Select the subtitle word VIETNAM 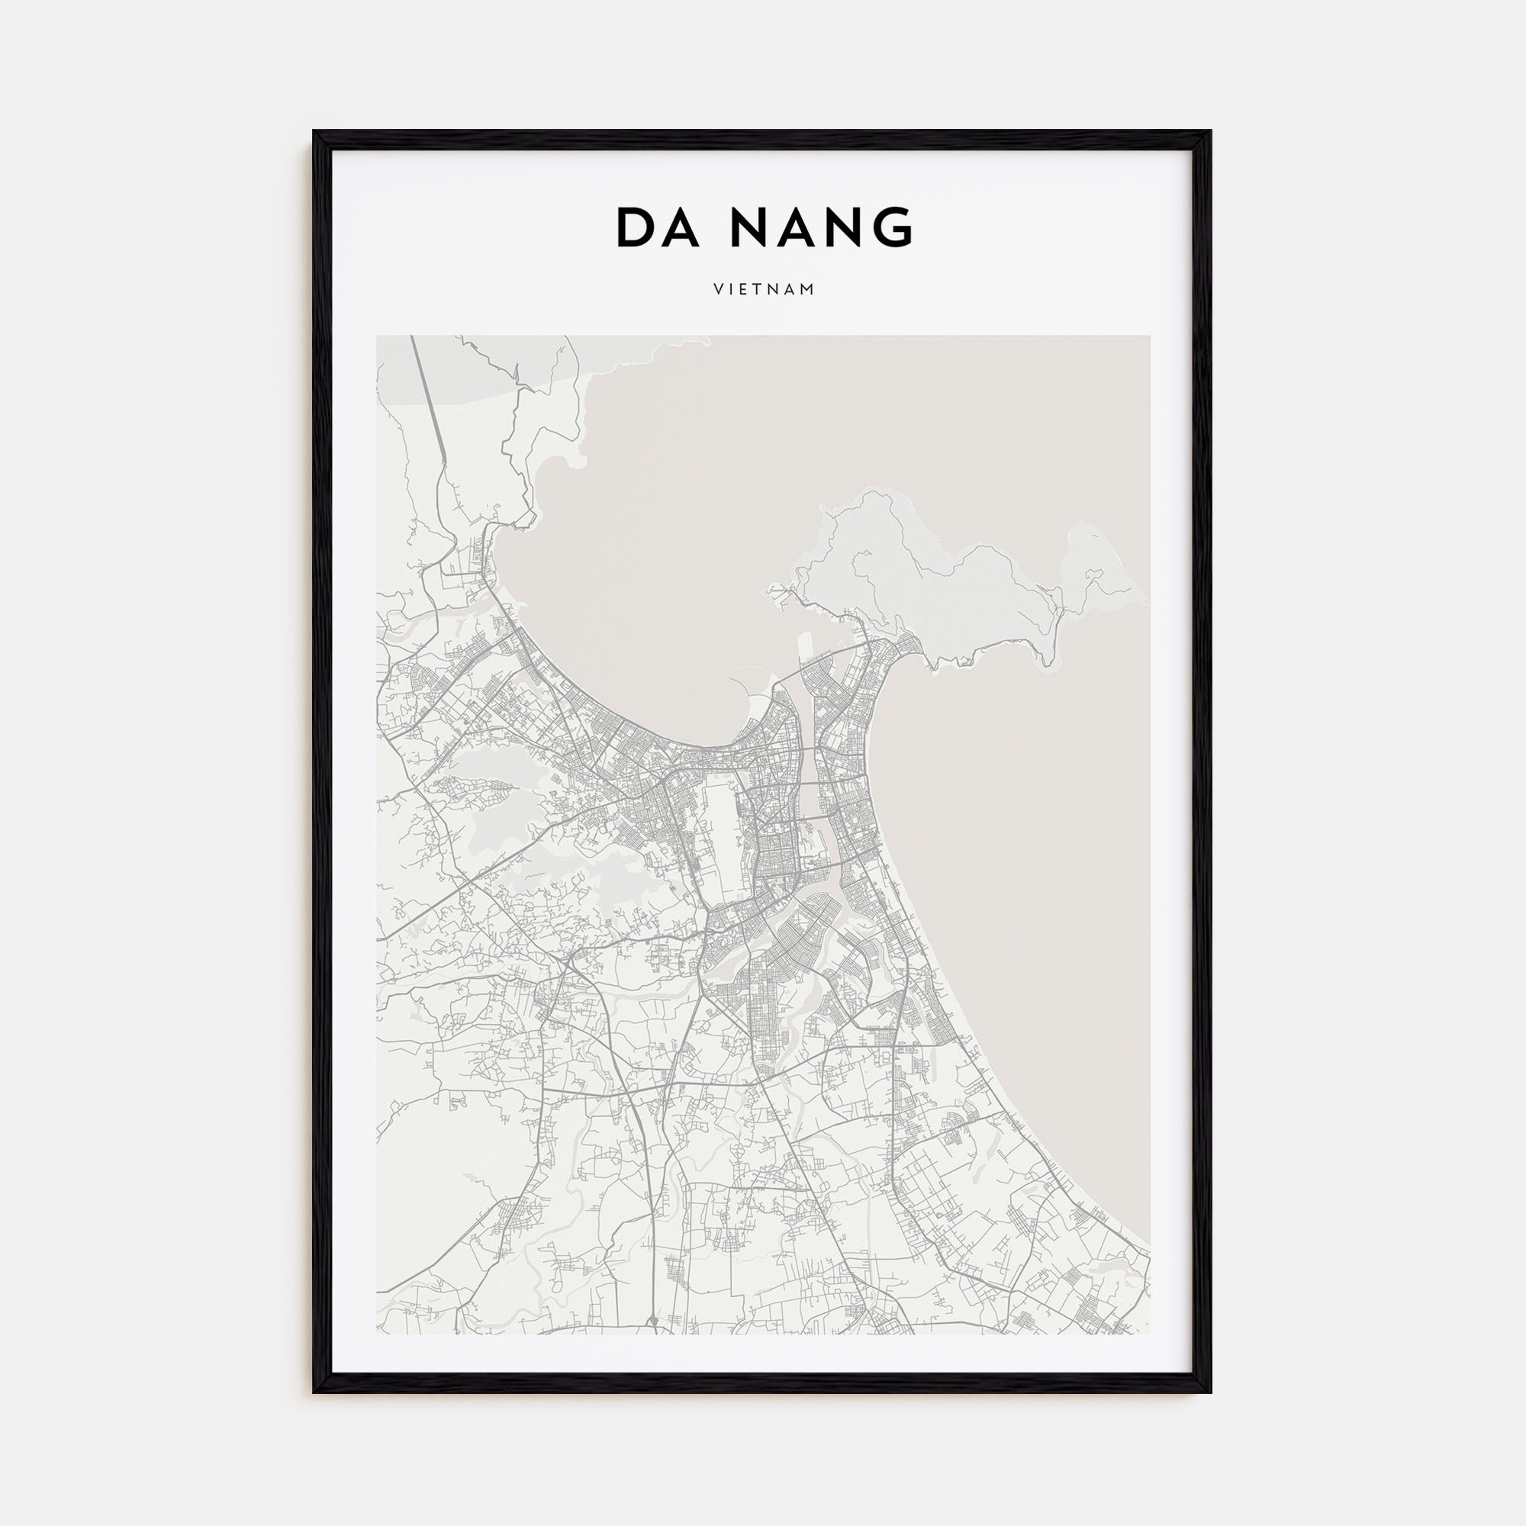click(x=764, y=290)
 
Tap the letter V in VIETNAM click(x=717, y=290)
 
